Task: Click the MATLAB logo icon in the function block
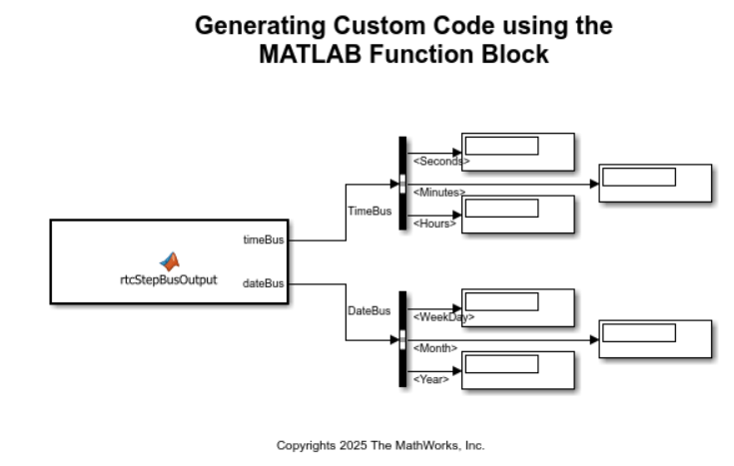pyautogui.click(x=170, y=261)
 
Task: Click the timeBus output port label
pyautogui.click(x=264, y=239)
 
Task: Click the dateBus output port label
pyautogui.click(x=264, y=283)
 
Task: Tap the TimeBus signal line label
pyautogui.click(x=368, y=212)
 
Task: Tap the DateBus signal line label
pyautogui.click(x=368, y=310)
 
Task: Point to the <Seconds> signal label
pyautogui.click(x=440, y=161)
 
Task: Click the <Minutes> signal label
pyautogui.click(x=438, y=192)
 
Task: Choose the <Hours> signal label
pyautogui.click(x=434, y=224)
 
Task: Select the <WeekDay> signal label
pyautogui.click(x=442, y=317)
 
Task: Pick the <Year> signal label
pyautogui.click(x=430, y=379)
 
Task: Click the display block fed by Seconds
pyautogui.click(x=517, y=152)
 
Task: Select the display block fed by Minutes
pyautogui.click(x=655, y=183)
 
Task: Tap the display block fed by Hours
pyautogui.click(x=517, y=214)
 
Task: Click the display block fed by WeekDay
pyautogui.click(x=517, y=307)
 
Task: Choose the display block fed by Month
pyautogui.click(x=655, y=338)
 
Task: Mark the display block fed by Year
pyautogui.click(x=517, y=369)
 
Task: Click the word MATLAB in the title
pyautogui.click(x=303, y=54)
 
